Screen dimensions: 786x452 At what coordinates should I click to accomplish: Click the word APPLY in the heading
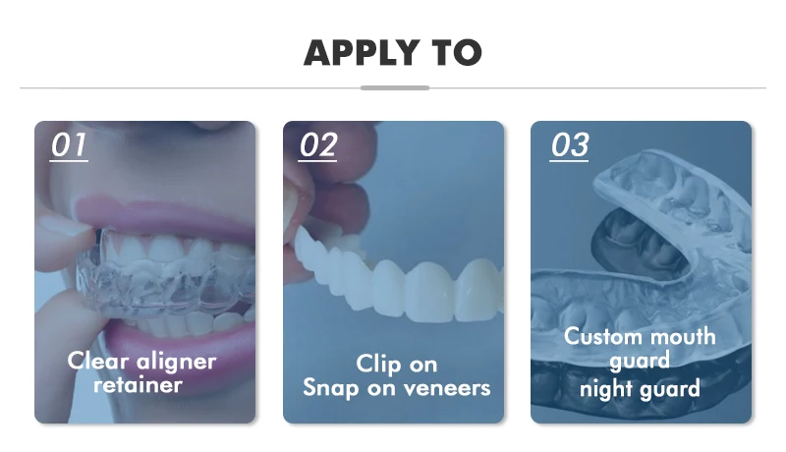pos(362,53)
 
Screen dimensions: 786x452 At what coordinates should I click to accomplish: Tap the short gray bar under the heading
pos(395,87)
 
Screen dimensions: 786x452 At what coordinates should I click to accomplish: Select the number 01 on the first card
pos(69,145)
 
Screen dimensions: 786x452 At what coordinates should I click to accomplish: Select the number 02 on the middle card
pos(317,145)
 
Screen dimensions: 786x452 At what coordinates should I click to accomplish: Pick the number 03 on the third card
pos(570,145)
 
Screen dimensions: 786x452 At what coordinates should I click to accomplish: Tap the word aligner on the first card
pos(176,362)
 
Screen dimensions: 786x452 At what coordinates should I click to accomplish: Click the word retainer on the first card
pos(138,385)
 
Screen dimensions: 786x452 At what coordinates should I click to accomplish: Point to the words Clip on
pos(397,365)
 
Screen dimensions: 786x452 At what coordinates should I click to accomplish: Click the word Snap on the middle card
pos(330,388)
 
